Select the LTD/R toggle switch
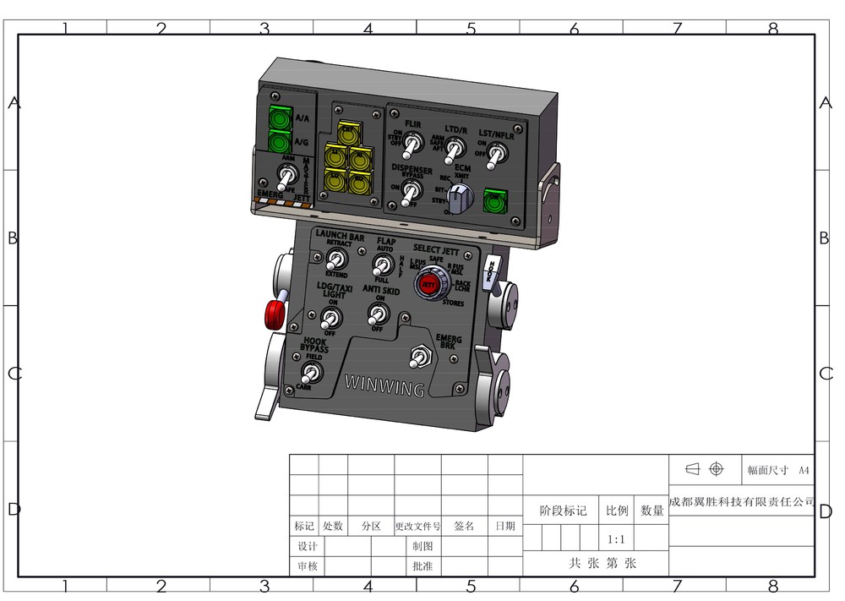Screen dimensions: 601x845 [455, 150]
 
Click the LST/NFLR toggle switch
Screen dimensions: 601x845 [499, 152]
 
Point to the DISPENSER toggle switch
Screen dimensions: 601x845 [409, 193]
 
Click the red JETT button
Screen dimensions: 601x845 [428, 285]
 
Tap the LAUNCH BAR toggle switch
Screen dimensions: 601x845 [336, 259]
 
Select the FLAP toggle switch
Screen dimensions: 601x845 [381, 265]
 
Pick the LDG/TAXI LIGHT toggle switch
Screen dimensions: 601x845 [330, 318]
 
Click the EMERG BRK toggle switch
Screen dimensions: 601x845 [417, 358]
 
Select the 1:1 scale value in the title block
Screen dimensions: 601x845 [616, 539]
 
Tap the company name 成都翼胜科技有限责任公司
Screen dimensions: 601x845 [741, 501]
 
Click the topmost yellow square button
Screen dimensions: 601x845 [347, 133]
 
